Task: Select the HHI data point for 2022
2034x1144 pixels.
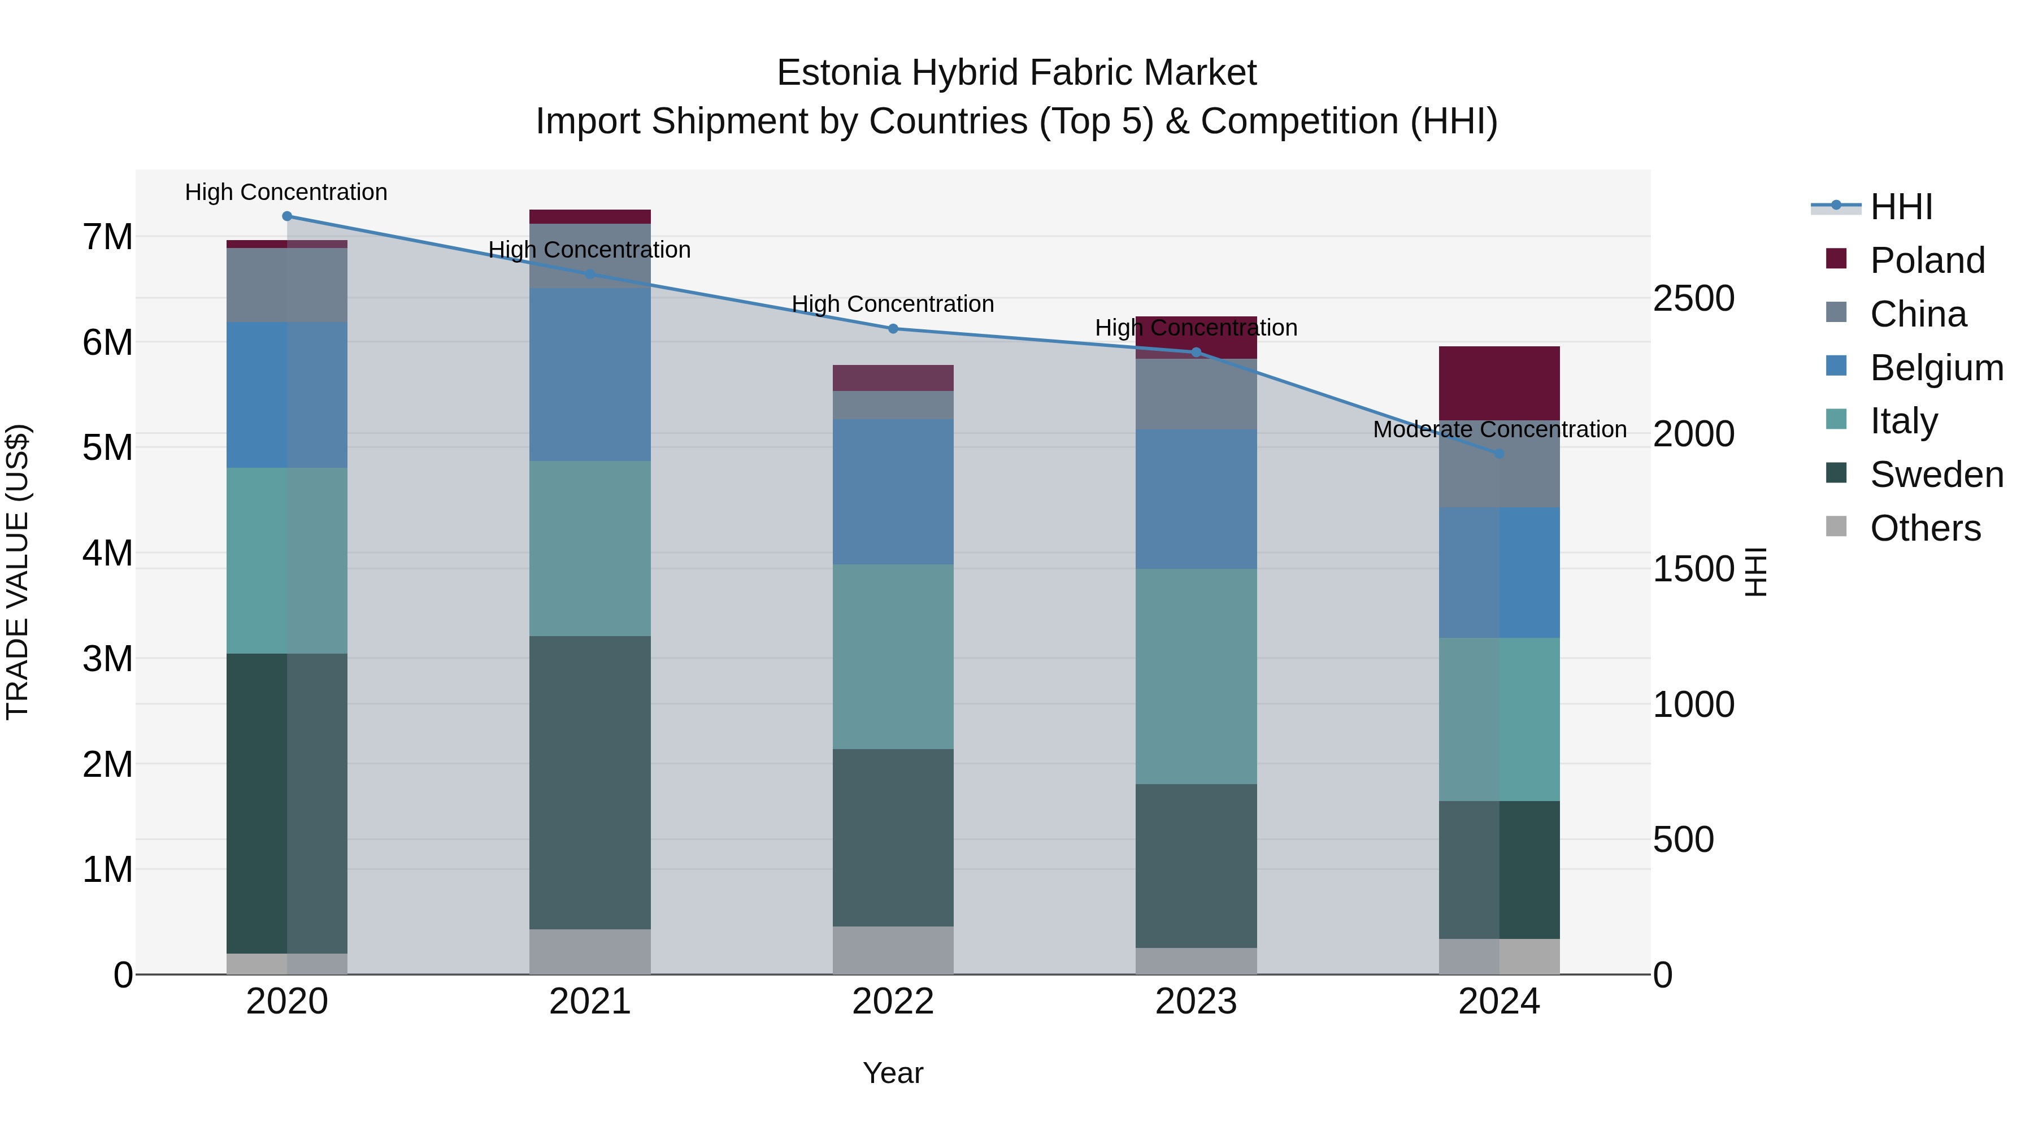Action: point(893,328)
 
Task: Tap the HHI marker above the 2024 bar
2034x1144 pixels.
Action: point(1500,453)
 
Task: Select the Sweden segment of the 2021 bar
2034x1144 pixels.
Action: point(590,782)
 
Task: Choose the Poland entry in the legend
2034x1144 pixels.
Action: point(1927,260)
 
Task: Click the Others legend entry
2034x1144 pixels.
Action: point(1925,528)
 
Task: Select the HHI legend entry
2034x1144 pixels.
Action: point(1901,207)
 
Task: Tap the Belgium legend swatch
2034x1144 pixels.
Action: point(1837,366)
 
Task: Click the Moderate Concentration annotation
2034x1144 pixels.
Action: point(1500,429)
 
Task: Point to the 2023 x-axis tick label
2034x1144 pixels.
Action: point(1196,1002)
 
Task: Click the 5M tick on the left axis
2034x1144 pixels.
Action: point(107,447)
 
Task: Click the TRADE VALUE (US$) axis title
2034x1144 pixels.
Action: point(18,572)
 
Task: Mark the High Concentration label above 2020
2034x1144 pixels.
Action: point(286,192)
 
